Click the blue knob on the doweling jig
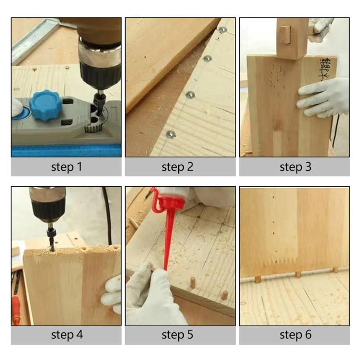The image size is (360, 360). (x=47, y=105)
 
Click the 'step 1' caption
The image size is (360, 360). (x=66, y=167)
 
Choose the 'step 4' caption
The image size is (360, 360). (x=66, y=335)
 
